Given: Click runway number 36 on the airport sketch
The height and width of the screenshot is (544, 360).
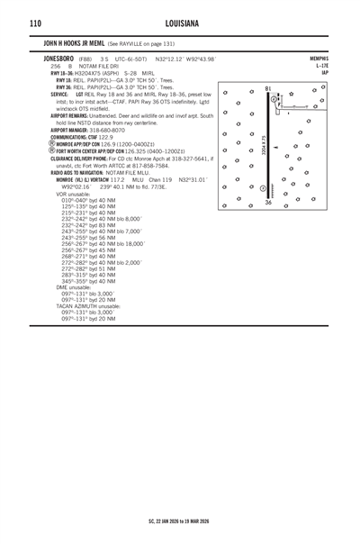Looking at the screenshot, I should click(268, 204).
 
